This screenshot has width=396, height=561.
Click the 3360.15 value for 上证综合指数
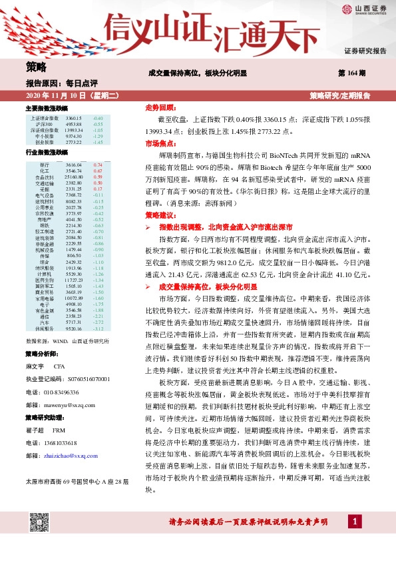[74, 118]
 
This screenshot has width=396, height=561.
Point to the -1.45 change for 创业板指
[98, 143]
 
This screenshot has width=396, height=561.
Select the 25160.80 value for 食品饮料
[74, 177]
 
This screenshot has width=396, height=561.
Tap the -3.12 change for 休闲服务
[98, 328]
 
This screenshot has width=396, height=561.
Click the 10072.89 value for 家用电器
[74, 298]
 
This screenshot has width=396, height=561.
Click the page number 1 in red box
[357, 540]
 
